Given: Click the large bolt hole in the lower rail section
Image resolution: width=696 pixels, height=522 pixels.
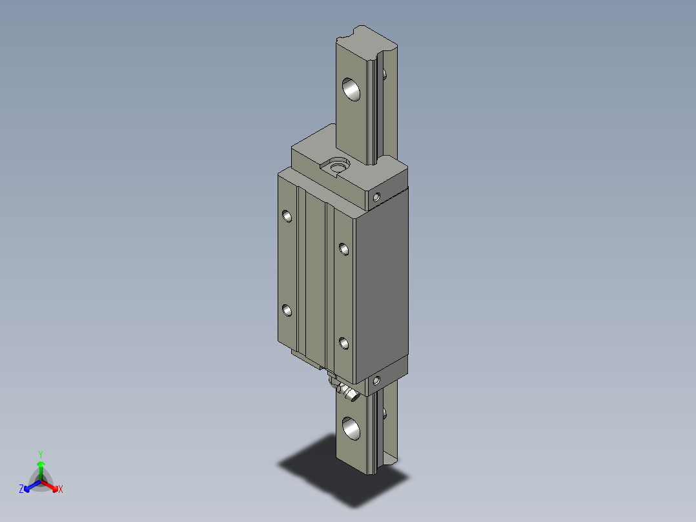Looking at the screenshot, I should pos(352,428).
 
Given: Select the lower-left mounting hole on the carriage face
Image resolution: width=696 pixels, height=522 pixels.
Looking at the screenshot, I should pos(287,311).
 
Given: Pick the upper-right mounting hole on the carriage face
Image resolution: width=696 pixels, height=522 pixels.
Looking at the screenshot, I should pos(343,247).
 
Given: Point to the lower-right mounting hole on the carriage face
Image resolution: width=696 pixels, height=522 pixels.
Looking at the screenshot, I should pos(343,343).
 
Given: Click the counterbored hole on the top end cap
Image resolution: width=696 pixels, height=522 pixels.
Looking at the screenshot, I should pos(336,167).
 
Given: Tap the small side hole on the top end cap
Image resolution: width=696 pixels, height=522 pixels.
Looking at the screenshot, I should pos(377,196).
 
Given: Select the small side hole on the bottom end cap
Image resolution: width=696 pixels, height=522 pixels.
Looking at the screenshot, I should pos(377,380).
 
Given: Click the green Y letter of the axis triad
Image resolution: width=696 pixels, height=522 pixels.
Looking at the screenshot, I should pos(40,454).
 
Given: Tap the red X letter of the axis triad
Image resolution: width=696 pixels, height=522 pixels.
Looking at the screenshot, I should pos(61,490).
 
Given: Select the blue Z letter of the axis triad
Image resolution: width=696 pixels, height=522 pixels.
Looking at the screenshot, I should pos(21,490).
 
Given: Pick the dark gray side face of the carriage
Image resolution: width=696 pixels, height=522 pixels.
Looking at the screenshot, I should pos(382,284).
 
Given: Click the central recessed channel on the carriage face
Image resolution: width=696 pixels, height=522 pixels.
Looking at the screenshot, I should pos(315,278).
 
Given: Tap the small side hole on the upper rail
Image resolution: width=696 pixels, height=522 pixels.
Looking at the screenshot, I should pos(385,74).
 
